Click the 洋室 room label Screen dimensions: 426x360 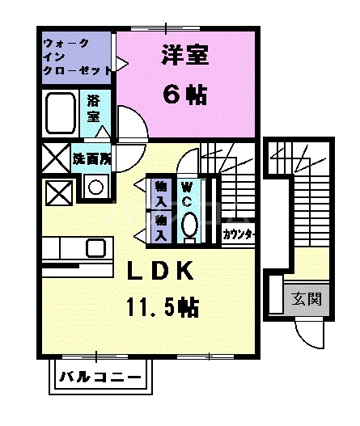point(185,57)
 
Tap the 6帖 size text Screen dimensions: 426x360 point(184,95)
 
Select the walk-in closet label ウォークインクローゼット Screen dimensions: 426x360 point(77,56)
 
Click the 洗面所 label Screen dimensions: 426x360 point(91,158)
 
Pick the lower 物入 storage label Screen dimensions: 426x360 point(160,226)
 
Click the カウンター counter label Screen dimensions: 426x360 point(239,235)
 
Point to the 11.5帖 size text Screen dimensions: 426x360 point(162,307)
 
